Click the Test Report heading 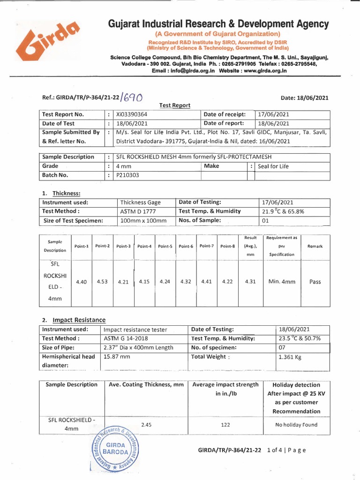click(175, 105)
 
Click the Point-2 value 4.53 click(103, 282)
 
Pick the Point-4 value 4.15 click(144, 282)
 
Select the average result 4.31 click(250, 282)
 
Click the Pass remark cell click(315, 282)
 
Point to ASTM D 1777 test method click(137, 211)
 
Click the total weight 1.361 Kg click(291, 357)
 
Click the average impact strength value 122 click(225, 425)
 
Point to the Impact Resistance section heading click(79, 320)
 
